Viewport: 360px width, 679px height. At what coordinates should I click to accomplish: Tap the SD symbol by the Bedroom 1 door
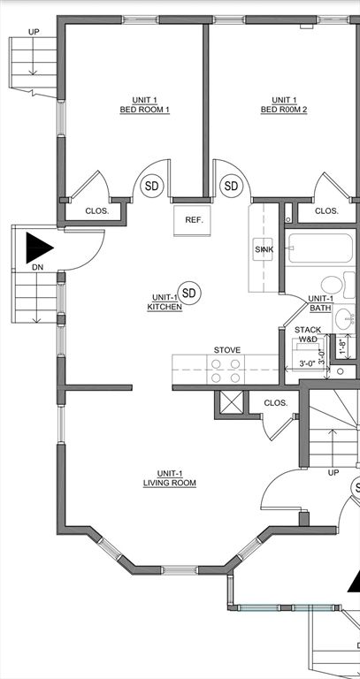pos(152,187)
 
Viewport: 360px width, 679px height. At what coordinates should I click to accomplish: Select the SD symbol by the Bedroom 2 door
pos(232,187)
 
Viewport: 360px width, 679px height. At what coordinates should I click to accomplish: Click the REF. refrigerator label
pos(194,220)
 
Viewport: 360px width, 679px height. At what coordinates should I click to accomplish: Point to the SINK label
pos(264,250)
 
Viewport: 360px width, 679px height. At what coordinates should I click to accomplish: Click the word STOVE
pos(226,350)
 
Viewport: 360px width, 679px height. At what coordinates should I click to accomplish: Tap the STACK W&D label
pos(307,334)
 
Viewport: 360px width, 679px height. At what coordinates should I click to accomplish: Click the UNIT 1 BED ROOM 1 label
pos(144,105)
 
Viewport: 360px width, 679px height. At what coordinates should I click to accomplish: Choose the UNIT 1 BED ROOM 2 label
pos(283,105)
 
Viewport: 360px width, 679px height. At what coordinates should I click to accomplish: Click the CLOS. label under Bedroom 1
pos(96,211)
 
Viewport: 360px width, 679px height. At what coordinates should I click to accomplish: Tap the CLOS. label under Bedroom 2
pos(326,211)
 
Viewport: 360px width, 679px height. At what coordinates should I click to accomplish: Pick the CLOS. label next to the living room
pos(276,403)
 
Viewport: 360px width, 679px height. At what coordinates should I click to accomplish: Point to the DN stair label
pos(36,266)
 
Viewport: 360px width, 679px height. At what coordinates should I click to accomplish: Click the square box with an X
pos(232,403)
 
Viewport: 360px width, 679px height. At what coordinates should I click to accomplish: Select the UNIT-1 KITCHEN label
pos(165,302)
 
